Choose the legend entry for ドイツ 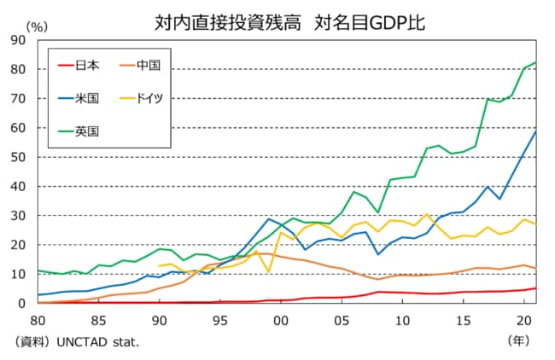click(x=149, y=98)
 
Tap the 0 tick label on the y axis click(x=22, y=304)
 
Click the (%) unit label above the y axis click(x=38, y=27)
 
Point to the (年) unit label click(x=518, y=340)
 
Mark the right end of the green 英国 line click(x=535, y=62)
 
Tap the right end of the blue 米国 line click(x=535, y=131)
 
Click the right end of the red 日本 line click(x=535, y=288)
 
